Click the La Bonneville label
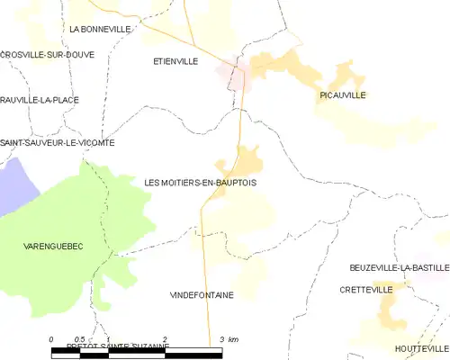click(x=100, y=29)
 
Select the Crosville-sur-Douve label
click(x=42, y=54)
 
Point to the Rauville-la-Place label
click(x=37, y=99)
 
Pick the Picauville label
click(x=344, y=94)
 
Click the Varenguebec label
click(x=52, y=245)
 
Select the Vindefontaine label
click(x=201, y=294)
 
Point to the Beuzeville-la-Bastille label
click(x=399, y=268)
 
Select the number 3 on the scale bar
click(x=220, y=338)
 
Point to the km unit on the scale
click(x=233, y=338)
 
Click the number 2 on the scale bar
click(x=164, y=338)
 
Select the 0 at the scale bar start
click(x=51, y=338)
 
